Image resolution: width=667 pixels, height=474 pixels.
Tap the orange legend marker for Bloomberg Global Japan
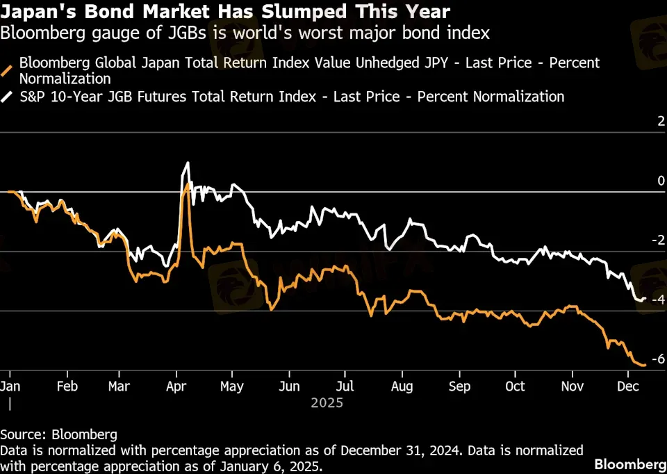click(x=9, y=70)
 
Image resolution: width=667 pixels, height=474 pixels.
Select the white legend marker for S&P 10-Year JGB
click(x=9, y=97)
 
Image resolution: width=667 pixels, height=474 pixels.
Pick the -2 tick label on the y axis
click(x=659, y=240)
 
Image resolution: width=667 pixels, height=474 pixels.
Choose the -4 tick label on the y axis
click(x=659, y=300)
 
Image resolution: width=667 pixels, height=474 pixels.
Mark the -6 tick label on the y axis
click(x=659, y=359)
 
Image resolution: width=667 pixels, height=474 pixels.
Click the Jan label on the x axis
click(x=10, y=386)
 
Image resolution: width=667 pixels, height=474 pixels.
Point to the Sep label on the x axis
click(x=460, y=386)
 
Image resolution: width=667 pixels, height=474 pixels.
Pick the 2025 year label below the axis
click(x=327, y=402)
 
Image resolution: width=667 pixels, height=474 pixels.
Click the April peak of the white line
click(x=187, y=163)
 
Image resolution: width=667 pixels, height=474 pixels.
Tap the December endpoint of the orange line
click(x=645, y=364)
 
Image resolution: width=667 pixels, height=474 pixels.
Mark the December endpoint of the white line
click(x=645, y=298)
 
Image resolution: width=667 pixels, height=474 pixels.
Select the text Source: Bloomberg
click(x=58, y=435)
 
